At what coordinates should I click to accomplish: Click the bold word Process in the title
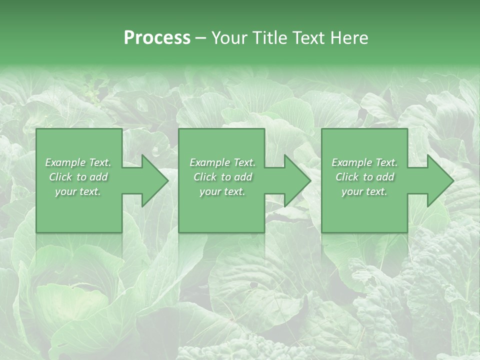157,38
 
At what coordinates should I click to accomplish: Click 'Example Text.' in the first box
78,162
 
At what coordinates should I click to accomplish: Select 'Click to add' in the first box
78,177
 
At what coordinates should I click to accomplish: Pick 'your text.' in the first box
78,191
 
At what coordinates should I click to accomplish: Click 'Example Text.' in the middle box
222,162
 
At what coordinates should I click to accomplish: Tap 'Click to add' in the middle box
222,177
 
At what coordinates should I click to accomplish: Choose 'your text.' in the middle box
222,191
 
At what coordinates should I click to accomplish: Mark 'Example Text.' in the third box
364,162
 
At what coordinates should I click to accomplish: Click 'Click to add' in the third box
364,177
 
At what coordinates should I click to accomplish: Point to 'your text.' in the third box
364,191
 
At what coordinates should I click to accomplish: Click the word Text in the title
308,38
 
